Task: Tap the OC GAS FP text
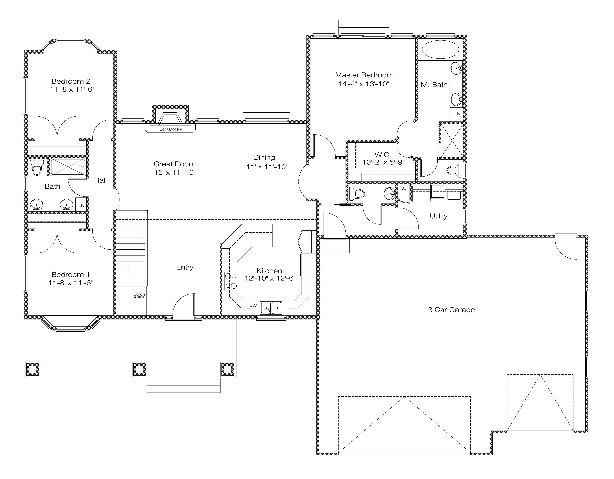(x=171, y=129)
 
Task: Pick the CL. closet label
(x=404, y=188)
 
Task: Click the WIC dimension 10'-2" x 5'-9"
(x=383, y=162)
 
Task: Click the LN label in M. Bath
(x=457, y=114)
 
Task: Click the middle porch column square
(x=139, y=369)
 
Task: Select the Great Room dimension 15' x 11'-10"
(x=175, y=172)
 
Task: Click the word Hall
(x=100, y=180)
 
